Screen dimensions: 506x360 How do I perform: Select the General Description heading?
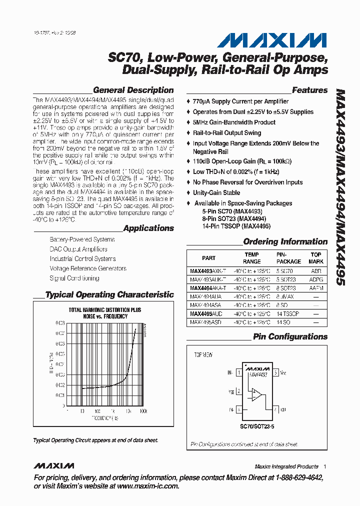tap(133, 90)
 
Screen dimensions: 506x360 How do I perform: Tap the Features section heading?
tap(309, 90)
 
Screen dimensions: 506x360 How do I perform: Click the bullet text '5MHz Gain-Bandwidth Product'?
tap(234, 122)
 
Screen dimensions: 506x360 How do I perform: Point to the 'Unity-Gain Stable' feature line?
tap(216, 193)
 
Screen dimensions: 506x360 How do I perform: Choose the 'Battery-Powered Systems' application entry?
tap(81, 240)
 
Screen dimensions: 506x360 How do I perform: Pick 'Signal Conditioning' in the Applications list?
tap(74, 278)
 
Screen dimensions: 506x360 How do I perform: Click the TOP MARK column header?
tap(316, 258)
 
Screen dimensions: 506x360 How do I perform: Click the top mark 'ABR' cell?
tap(316, 270)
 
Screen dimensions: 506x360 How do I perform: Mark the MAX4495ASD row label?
tap(206, 323)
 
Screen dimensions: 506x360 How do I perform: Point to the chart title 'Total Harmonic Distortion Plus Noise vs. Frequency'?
tap(104, 313)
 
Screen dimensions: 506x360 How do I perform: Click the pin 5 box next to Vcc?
tap(276, 372)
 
